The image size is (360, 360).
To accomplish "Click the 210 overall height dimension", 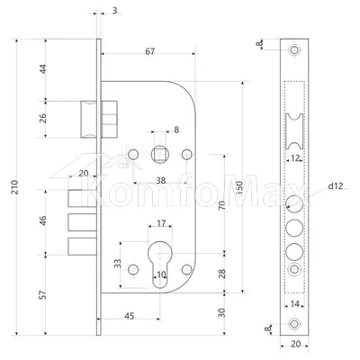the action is pos(14,187).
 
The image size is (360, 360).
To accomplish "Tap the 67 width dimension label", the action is pos(150,51).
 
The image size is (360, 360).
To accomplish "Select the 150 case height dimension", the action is pos(238,188).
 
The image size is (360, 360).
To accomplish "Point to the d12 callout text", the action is pos(335,186).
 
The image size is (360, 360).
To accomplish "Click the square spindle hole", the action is pos(159,155).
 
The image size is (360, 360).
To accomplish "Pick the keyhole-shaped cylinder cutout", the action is pos(160,265).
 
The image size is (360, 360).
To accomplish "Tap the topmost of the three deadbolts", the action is pos(82,198).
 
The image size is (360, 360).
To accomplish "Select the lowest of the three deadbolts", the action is pos(82,247).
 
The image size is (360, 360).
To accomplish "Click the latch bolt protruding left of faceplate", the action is pos(88,120).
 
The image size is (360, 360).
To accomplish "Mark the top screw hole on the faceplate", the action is pos(294,49).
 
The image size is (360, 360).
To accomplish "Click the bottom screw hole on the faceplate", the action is pos(294,324).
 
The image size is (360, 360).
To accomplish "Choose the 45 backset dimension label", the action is pos(130,316).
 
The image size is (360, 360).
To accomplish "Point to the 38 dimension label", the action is pos(161,181).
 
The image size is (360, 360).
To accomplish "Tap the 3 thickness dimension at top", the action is pos(115,11).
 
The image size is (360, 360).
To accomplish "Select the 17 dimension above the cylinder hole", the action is pos(161,223).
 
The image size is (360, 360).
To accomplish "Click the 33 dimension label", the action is pos(118,264).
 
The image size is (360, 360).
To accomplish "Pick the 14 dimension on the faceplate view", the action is pos(295,304).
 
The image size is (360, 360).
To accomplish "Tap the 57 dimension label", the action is pos(43,294).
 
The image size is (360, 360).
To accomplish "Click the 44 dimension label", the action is pos(43,69).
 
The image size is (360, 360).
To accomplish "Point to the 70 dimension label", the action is pos(222,205).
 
